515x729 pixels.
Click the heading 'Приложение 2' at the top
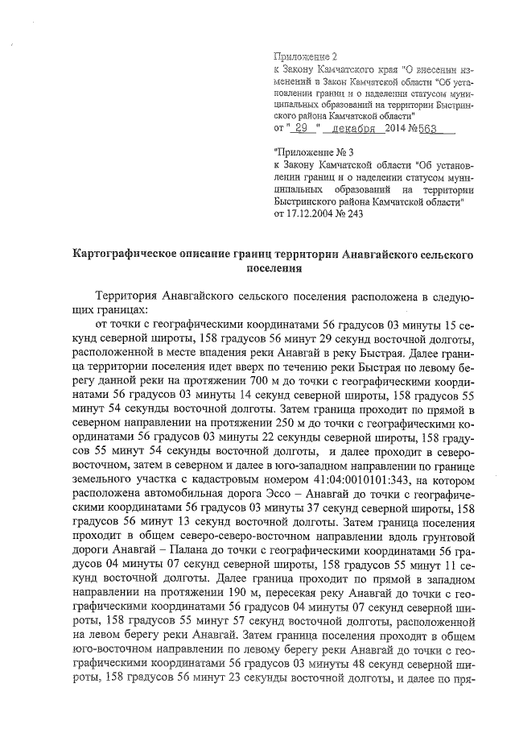coord(307,56)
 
